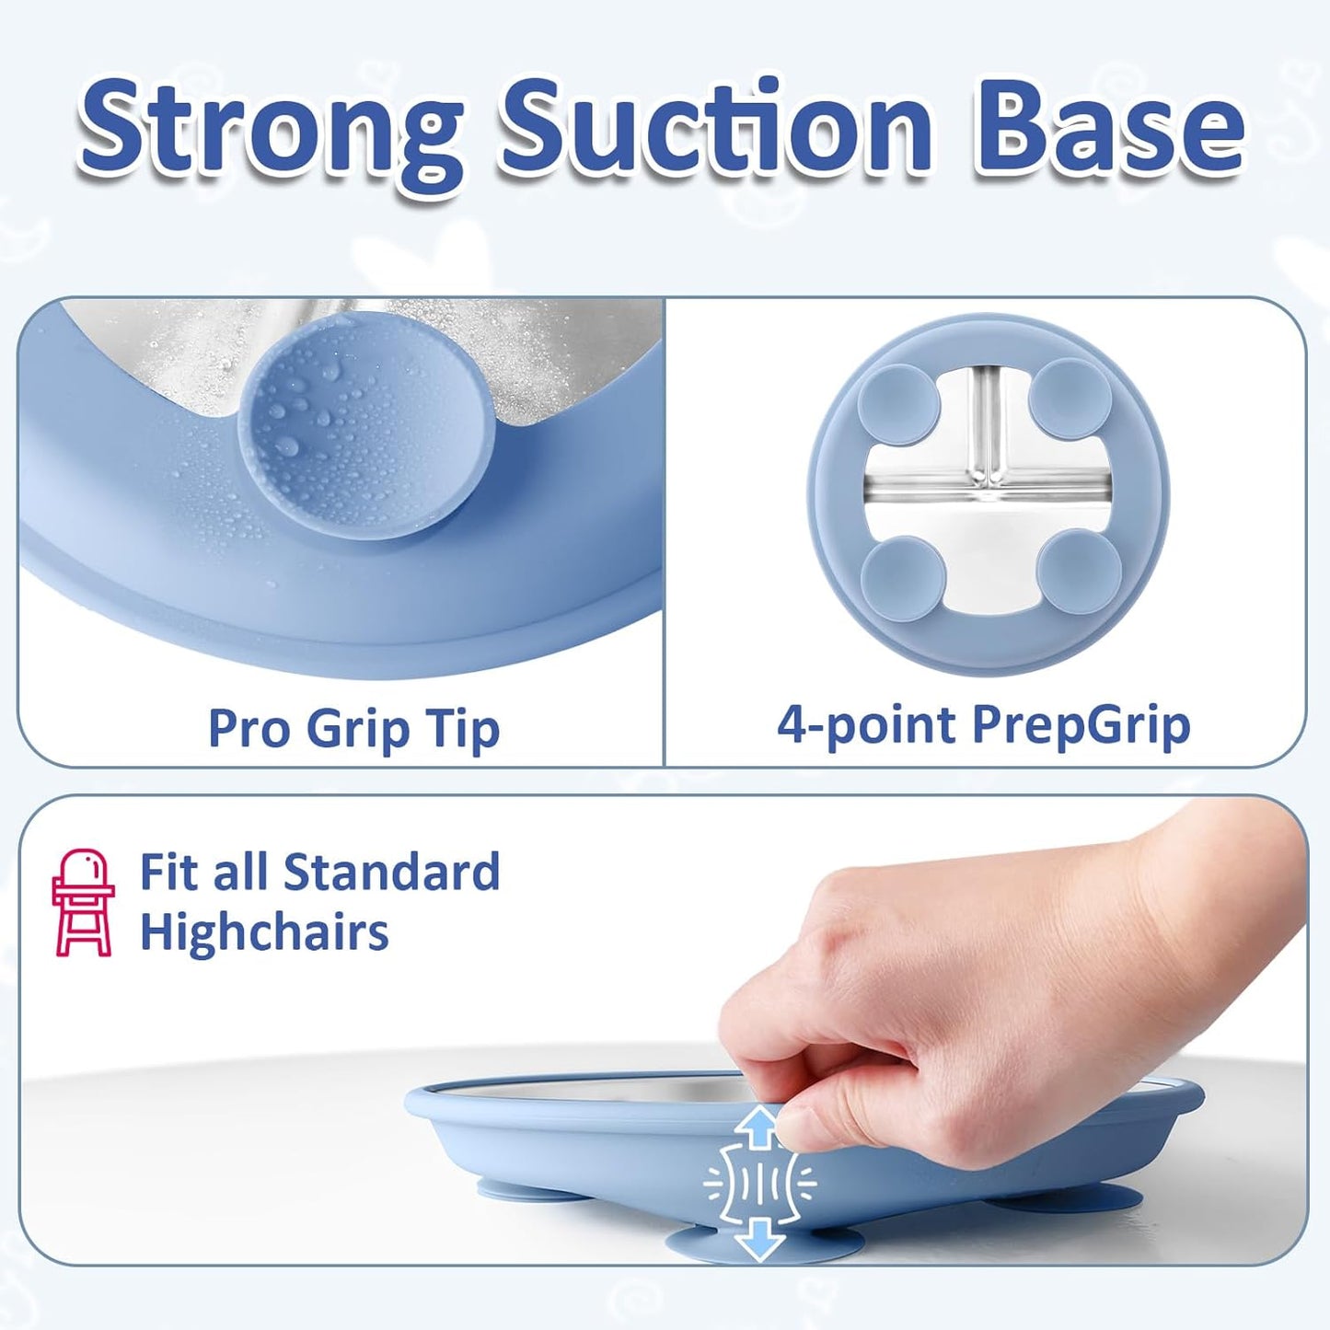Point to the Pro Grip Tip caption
click(353, 729)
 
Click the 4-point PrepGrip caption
click(983, 725)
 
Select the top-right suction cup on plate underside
click(1070, 399)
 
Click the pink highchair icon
click(83, 903)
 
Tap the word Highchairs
click(264, 932)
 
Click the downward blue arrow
click(759, 1239)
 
